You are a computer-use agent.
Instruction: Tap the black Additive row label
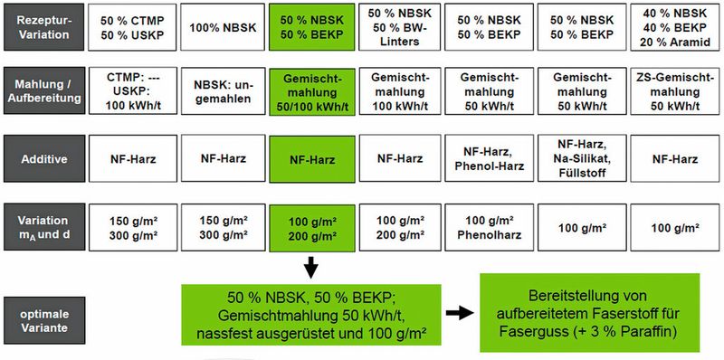coord(44,158)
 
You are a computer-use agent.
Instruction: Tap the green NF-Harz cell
coord(312,158)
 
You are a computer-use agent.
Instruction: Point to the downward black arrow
coord(312,267)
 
